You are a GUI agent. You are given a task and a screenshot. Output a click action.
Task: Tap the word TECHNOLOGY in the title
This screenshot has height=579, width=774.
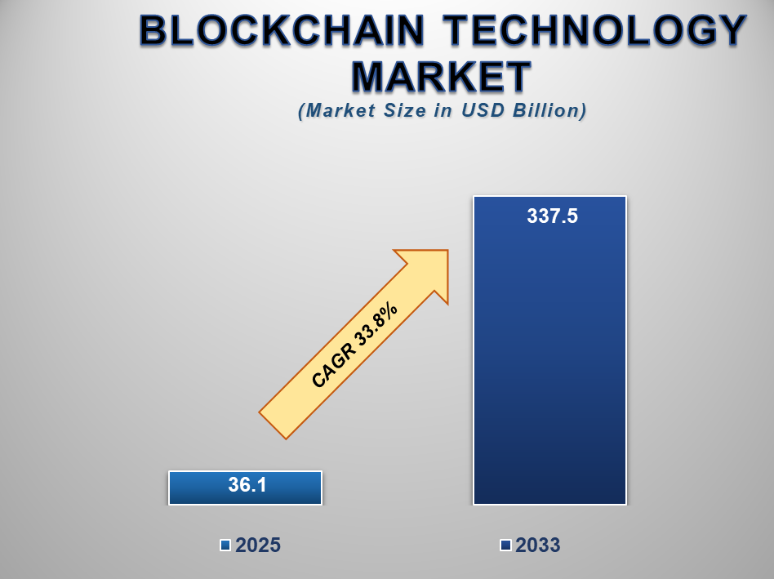pos(596,32)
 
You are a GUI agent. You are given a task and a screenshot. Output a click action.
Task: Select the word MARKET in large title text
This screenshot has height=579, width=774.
pos(442,77)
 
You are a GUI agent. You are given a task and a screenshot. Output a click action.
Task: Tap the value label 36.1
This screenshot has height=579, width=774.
pos(247,485)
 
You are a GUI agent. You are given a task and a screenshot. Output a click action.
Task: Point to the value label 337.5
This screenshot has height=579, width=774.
pos(552,216)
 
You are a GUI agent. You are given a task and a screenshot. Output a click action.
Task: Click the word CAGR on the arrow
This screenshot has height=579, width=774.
pos(331,368)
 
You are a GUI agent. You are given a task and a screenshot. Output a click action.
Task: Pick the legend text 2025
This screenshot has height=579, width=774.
pos(258,546)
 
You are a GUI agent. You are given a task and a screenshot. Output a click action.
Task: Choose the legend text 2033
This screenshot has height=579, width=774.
pos(537,546)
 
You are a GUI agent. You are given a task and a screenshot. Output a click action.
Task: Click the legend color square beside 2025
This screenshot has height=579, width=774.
pos(225,545)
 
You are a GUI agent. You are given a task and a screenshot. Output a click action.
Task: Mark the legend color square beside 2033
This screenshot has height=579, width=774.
pos(505,545)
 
